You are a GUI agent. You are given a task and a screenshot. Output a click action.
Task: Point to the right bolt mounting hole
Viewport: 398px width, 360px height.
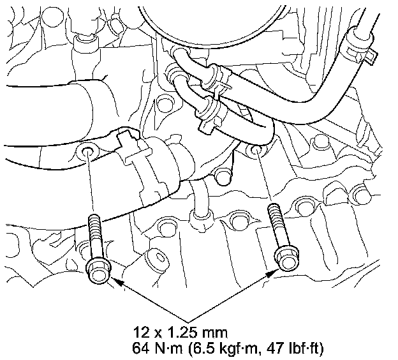(x=255, y=151)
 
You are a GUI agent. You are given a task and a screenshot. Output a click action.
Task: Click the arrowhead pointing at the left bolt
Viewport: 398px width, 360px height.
(x=117, y=281)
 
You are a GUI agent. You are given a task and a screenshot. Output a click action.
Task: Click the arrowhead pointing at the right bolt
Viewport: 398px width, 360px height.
(x=272, y=273)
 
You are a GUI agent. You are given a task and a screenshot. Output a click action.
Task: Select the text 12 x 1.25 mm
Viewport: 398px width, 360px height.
(x=181, y=332)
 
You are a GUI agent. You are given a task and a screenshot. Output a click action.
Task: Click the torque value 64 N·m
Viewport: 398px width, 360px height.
(x=158, y=349)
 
